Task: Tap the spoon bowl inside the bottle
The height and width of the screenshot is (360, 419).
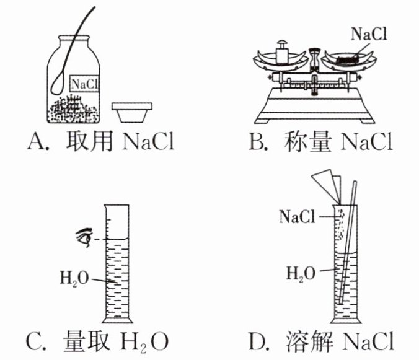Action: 58,83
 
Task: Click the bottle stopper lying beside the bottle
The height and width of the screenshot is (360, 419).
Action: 132,112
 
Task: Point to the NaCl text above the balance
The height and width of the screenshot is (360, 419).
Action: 369,34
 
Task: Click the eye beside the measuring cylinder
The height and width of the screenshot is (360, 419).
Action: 84,237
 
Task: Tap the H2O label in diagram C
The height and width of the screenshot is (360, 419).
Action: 74,278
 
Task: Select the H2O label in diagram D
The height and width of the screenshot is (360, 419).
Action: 301,274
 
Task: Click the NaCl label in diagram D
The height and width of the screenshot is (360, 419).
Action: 297,216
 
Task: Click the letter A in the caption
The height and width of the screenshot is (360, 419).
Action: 35,141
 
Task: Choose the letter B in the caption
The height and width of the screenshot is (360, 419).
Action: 256,141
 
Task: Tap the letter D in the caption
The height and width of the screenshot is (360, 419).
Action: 257,341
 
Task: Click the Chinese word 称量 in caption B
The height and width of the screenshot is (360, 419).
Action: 308,141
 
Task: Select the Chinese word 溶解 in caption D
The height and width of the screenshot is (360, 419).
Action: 309,341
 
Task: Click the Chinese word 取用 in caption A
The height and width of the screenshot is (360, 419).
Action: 90,141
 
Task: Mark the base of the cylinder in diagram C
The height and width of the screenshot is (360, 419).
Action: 117,320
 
